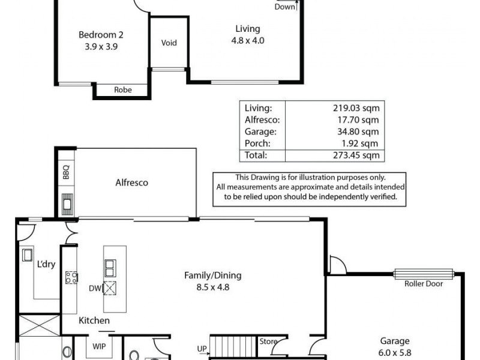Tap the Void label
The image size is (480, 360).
click(x=169, y=43)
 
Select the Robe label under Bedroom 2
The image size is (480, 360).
click(x=123, y=90)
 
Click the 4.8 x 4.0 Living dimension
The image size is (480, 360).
click(x=248, y=41)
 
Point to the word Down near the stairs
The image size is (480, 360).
click(x=285, y=7)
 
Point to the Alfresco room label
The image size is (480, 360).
click(x=131, y=183)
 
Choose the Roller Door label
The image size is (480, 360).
click(x=424, y=284)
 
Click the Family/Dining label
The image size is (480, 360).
click(x=212, y=276)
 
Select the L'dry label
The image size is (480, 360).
click(x=47, y=265)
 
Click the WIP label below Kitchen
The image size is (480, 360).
click(x=99, y=346)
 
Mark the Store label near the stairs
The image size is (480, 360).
click(x=268, y=342)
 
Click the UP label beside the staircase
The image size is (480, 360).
click(x=202, y=348)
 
